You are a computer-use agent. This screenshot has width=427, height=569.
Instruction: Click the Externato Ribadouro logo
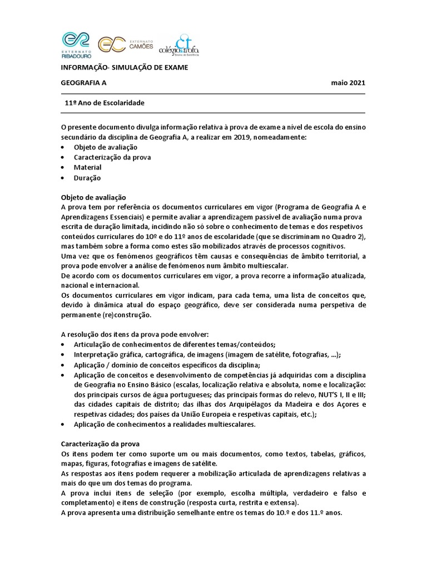(78, 45)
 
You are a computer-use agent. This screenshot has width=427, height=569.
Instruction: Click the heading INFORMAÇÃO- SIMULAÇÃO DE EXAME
(125, 68)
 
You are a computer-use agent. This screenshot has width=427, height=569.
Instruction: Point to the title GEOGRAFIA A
(83, 83)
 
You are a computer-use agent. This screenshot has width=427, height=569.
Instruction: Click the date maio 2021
(348, 83)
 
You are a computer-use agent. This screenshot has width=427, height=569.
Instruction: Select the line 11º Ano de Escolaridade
(105, 103)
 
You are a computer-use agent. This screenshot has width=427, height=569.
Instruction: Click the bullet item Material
(87, 167)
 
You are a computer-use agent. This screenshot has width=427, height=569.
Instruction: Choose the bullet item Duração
(87, 178)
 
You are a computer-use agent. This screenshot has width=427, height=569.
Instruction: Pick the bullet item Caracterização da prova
(112, 157)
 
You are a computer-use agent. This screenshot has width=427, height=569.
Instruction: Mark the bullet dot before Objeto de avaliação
(62, 147)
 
